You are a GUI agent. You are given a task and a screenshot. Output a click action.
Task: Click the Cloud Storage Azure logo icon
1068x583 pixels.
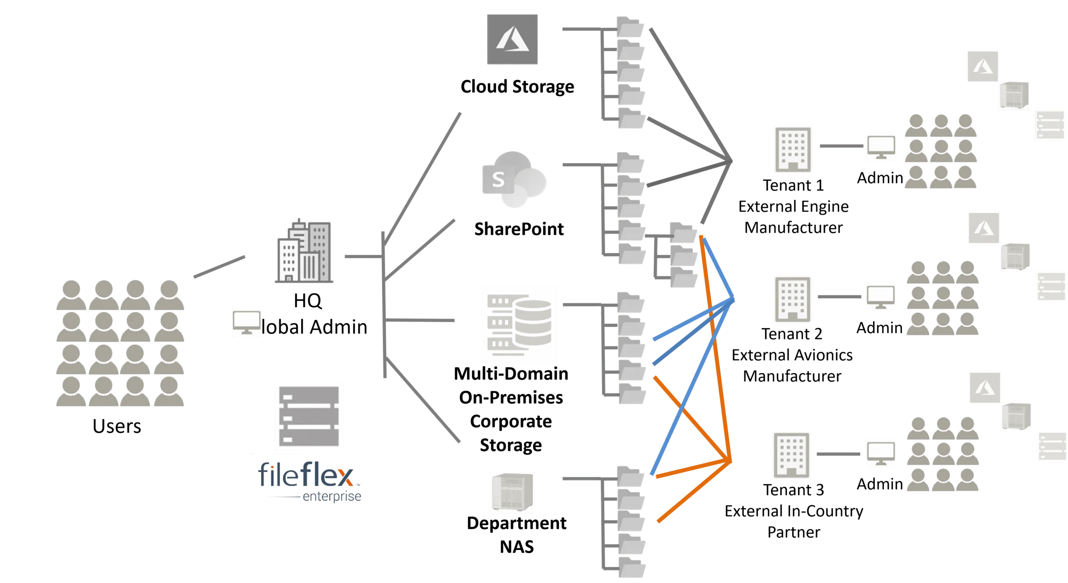tap(512, 39)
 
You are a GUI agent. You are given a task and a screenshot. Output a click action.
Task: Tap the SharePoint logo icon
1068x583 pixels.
tap(514, 179)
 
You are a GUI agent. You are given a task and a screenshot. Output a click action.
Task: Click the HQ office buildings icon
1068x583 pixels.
tap(304, 251)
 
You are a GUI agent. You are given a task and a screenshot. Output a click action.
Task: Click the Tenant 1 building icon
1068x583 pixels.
tap(793, 150)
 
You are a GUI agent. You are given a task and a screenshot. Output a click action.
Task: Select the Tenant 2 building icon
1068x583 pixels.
tap(793, 299)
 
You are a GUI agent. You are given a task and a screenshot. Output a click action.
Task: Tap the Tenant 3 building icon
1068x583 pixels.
tap(791, 455)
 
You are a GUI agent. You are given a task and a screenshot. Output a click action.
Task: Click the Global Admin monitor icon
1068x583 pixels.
tap(247, 322)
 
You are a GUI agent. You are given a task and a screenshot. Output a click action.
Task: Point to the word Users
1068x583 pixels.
tap(117, 426)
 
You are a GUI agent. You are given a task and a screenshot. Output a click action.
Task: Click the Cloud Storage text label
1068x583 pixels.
tap(517, 87)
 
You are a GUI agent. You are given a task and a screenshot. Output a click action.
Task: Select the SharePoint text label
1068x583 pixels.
tap(519, 229)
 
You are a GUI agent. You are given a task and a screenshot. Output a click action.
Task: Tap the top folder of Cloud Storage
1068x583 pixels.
tap(630, 27)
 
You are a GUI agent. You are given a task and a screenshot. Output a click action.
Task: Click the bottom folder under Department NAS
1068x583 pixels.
tap(632, 567)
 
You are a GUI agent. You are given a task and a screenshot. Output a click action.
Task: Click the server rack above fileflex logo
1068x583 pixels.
tap(309, 416)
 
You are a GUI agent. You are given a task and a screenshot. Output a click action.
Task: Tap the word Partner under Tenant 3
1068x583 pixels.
tap(793, 532)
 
